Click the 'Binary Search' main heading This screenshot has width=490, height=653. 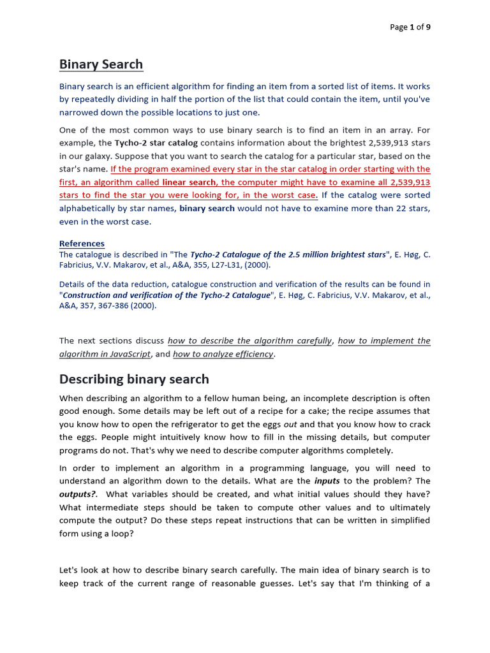coord(101,64)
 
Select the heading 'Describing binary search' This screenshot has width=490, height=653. coord(134,379)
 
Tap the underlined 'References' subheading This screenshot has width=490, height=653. coord(82,244)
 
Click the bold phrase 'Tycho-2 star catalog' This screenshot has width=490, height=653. coord(156,143)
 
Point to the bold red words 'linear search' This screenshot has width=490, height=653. coord(189,182)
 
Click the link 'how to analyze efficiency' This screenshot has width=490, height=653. coord(223,354)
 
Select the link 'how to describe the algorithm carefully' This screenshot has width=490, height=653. coord(249,341)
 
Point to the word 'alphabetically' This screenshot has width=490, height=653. coord(88,209)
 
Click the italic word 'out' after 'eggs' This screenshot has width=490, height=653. coord(290,424)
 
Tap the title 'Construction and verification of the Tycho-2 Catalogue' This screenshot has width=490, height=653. coord(167,295)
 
